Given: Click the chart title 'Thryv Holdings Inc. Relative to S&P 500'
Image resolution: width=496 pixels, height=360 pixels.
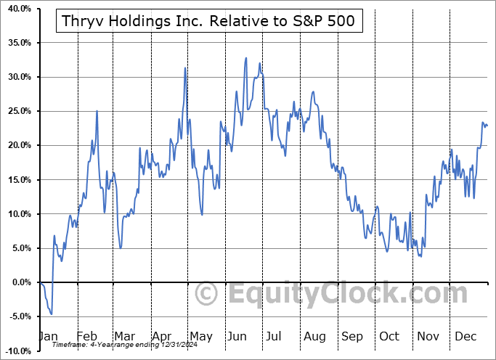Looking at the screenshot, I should (205, 21).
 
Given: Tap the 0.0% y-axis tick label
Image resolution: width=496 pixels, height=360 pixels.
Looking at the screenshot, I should (20, 282).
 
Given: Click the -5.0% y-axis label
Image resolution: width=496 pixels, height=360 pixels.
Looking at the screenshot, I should (19, 316).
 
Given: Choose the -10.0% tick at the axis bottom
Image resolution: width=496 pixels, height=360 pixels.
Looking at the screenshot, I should (17, 351).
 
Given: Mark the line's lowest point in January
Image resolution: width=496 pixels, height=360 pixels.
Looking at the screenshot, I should (51, 314).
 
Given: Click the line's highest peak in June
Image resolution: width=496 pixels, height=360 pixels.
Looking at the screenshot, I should (246, 57).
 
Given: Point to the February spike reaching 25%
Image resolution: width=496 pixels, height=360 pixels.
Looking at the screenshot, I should (97, 110).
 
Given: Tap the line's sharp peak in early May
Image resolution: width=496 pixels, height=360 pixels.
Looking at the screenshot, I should (186, 67).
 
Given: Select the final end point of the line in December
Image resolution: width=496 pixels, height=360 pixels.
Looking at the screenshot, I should (487, 126).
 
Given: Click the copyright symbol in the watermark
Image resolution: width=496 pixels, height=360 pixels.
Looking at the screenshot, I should (207, 294).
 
